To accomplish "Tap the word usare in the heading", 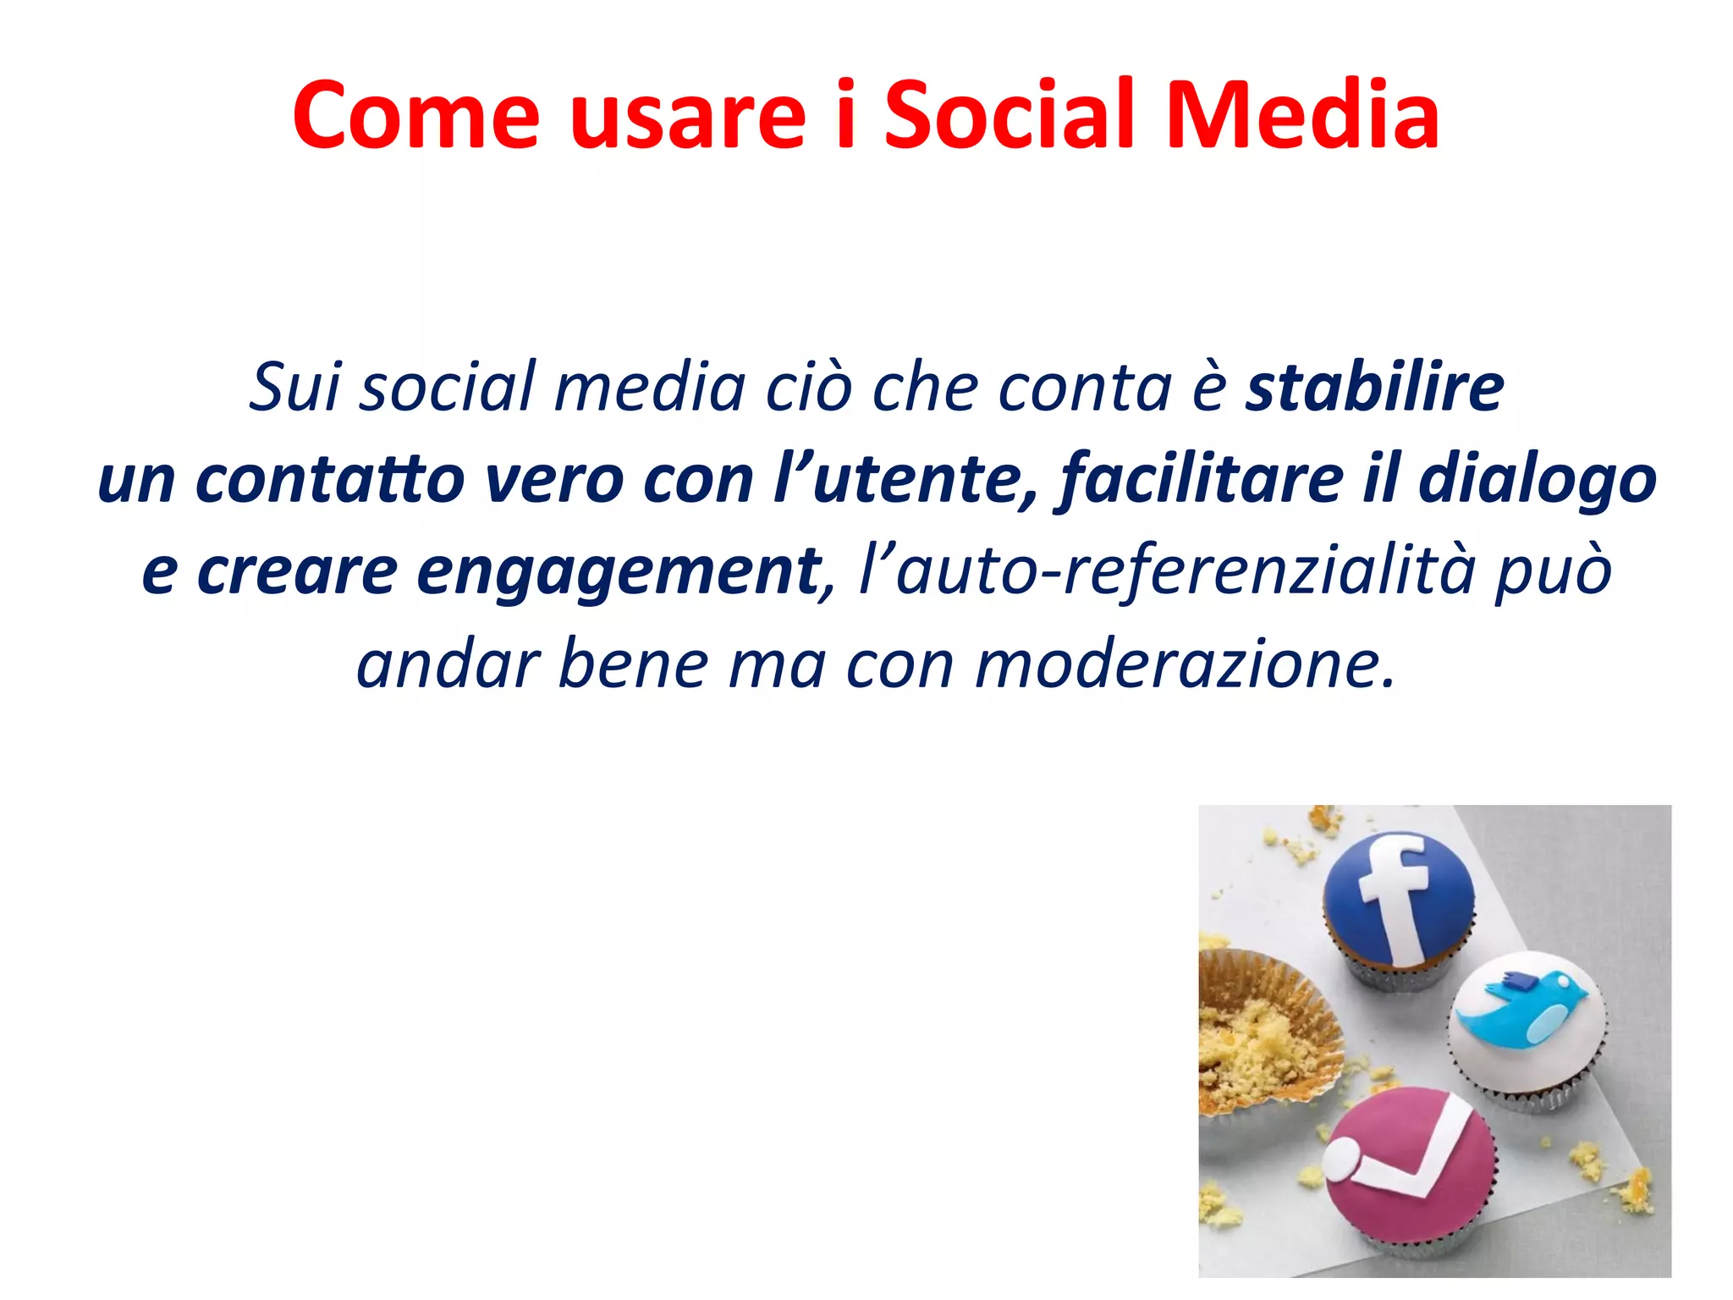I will pyautogui.click(x=688, y=116).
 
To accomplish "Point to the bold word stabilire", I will pyautogui.click(x=1374, y=388).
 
